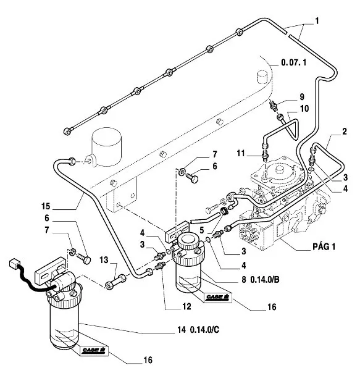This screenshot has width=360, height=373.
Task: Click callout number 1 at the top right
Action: pyautogui.click(x=317, y=21)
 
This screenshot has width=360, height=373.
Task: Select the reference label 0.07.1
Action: pyautogui.click(x=293, y=62)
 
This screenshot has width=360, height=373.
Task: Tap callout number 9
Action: pyautogui.click(x=302, y=97)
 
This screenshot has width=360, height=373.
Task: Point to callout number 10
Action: pyautogui.click(x=304, y=109)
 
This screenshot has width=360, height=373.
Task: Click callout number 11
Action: pyautogui.click(x=241, y=153)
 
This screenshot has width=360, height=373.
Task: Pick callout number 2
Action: pyautogui.click(x=345, y=132)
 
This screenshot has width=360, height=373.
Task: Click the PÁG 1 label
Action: pyautogui.click(x=324, y=246)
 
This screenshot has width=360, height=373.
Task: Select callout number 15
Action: pyautogui.click(x=46, y=206)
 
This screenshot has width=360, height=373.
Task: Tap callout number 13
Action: pyautogui.click(x=104, y=260)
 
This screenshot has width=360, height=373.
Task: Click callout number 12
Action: pyautogui.click(x=186, y=306)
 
